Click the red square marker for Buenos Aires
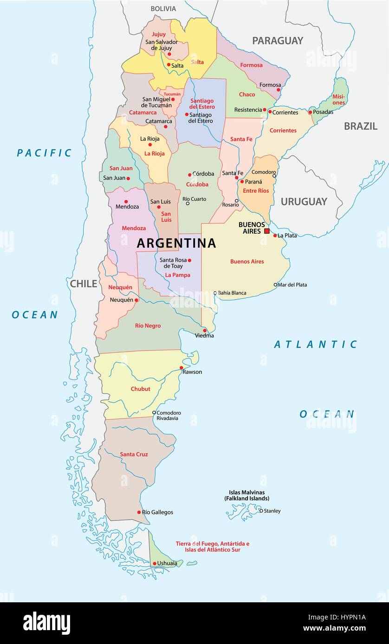click(x=266, y=231)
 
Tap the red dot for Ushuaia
click(x=155, y=564)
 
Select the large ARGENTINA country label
click(x=176, y=243)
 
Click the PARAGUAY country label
click(x=278, y=41)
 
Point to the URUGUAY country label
click(x=304, y=202)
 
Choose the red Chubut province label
click(x=140, y=389)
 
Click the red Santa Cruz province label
click(x=134, y=454)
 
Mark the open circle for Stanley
click(x=261, y=511)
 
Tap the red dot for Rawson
click(x=182, y=368)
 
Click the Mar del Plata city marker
click(x=275, y=285)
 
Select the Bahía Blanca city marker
click(x=215, y=293)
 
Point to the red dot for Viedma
click(x=205, y=331)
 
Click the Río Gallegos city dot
click(x=139, y=512)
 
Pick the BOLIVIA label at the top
click(x=163, y=9)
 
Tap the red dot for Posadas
click(x=310, y=112)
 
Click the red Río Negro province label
click(x=148, y=326)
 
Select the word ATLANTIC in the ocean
click(x=316, y=344)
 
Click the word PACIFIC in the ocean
click(x=45, y=153)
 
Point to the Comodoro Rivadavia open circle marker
click(x=154, y=412)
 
